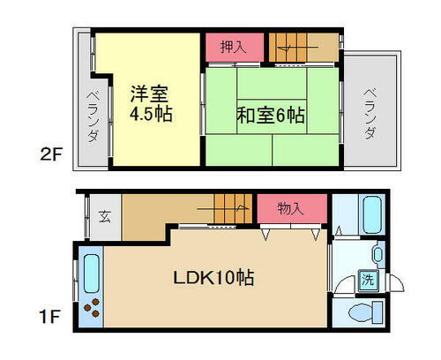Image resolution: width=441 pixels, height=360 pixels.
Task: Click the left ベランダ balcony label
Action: click(92, 117)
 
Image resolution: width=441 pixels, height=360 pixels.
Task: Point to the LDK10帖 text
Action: click(213, 278)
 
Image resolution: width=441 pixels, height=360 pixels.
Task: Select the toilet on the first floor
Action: click(361, 311)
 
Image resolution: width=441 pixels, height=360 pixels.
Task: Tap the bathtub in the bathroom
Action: click(370, 214)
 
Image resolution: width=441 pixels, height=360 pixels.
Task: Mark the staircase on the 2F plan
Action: click(303, 46)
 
